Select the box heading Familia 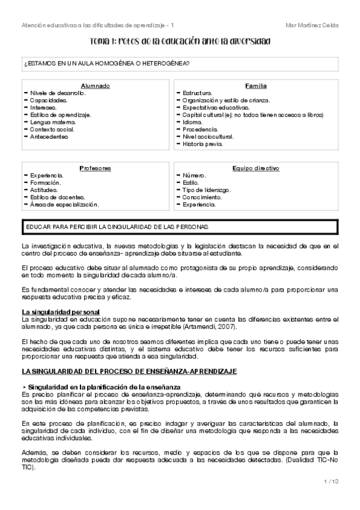click(x=256, y=86)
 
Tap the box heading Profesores click(x=95, y=168)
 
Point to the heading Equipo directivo click(x=256, y=168)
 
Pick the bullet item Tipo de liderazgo click(x=207, y=189)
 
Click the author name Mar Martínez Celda click(x=312, y=25)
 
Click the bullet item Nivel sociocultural click(x=209, y=137)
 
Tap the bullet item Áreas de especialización click(x=65, y=204)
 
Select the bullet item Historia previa click(x=203, y=144)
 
